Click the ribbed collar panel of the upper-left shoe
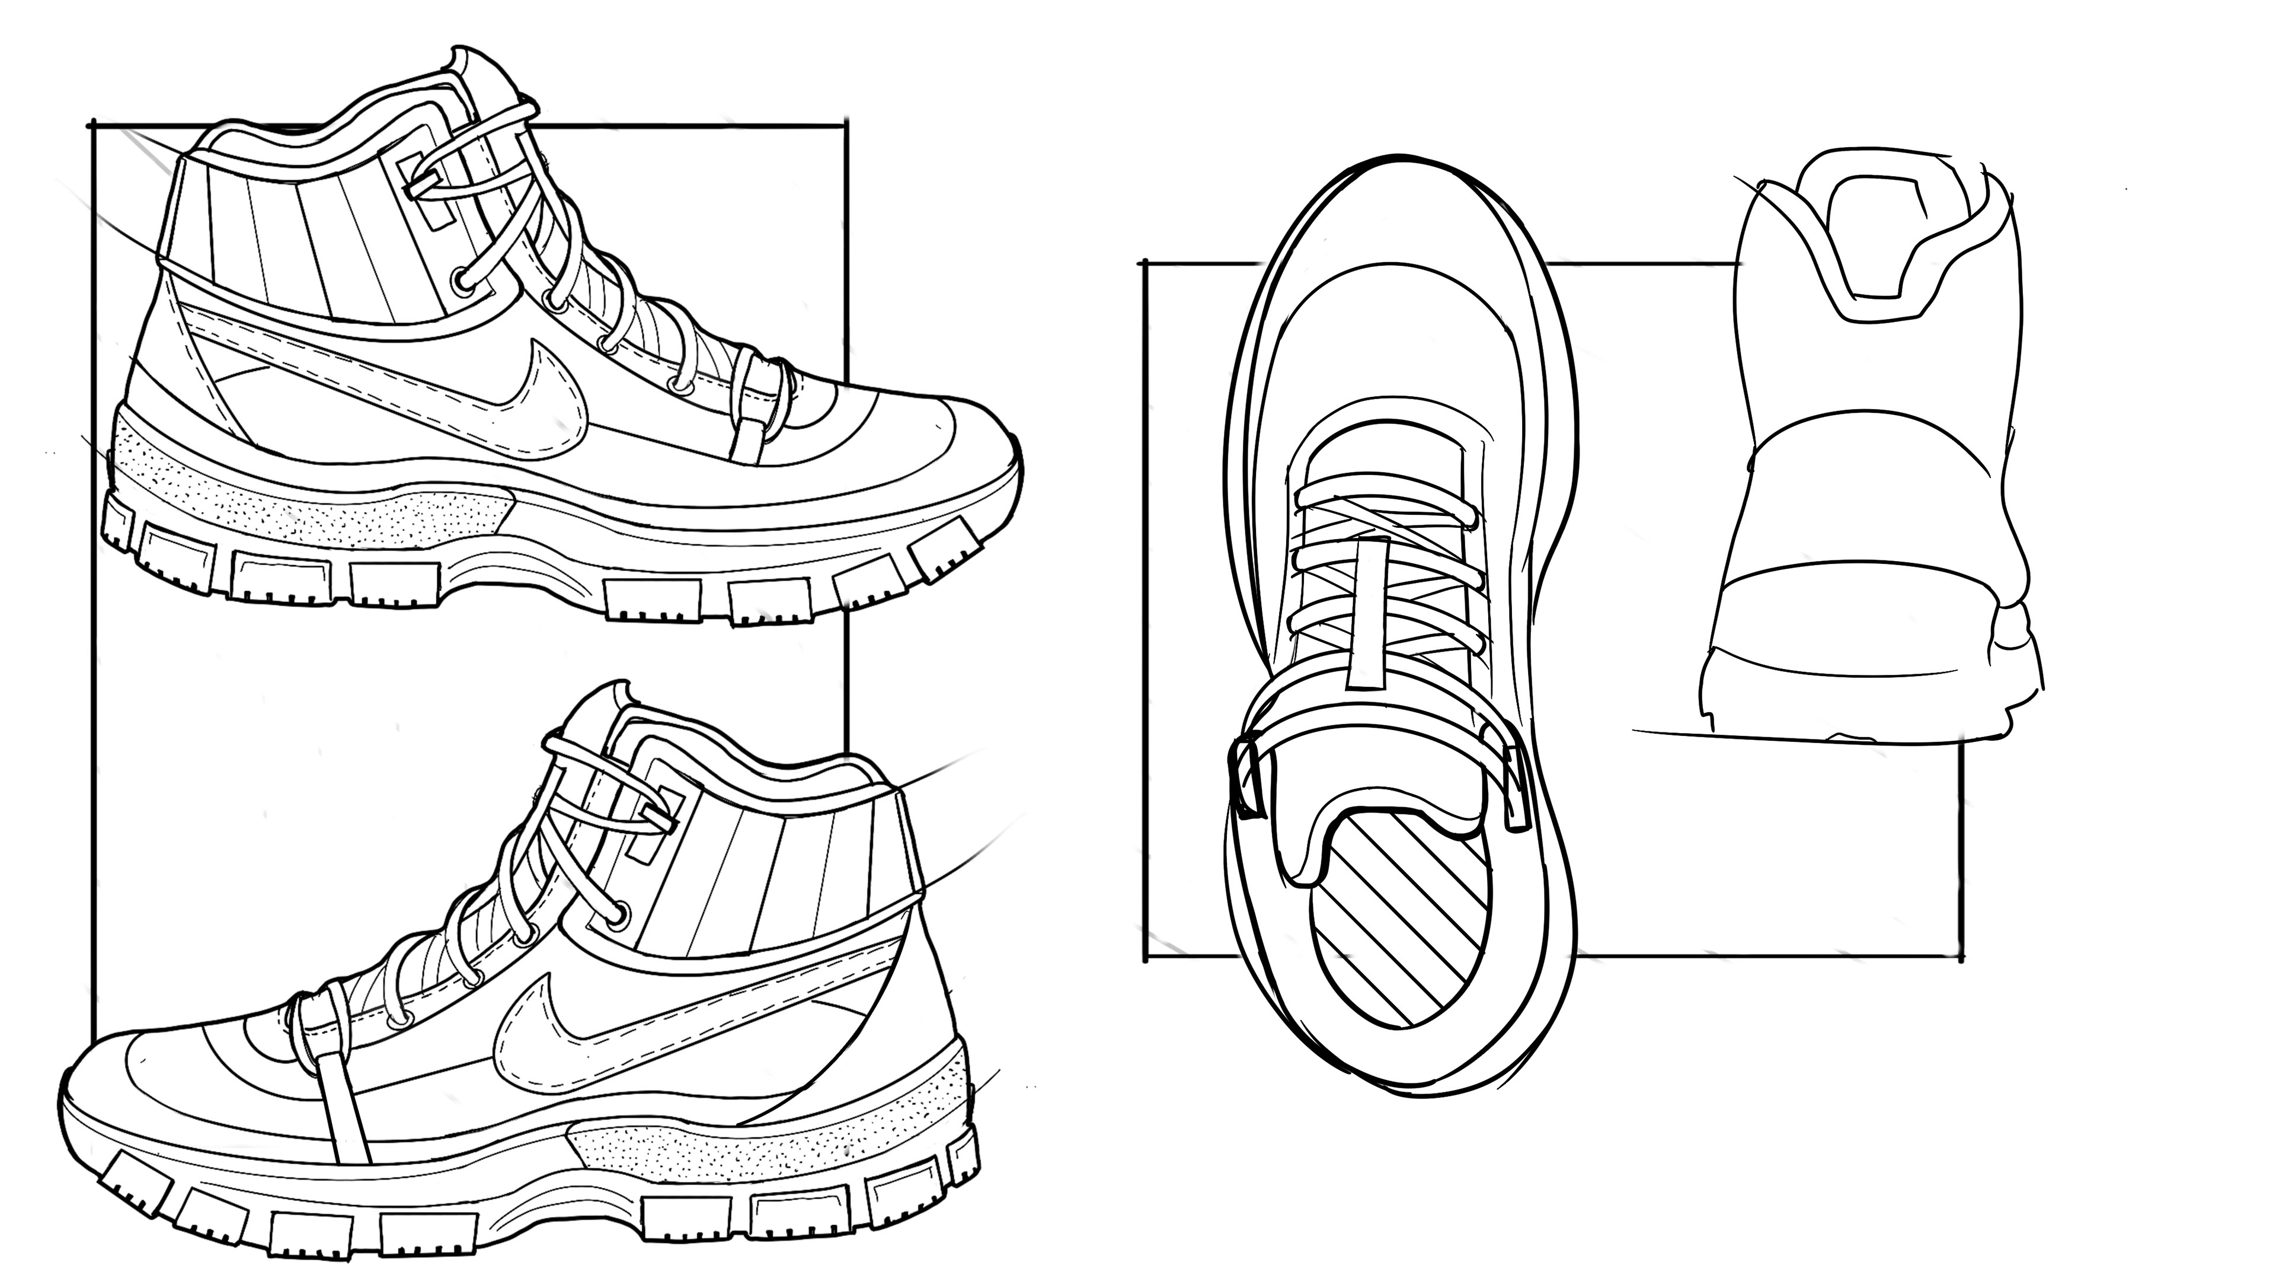[301, 247]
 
